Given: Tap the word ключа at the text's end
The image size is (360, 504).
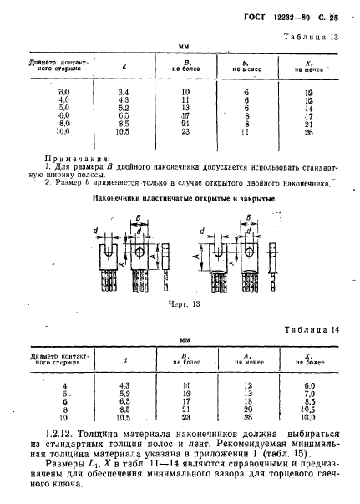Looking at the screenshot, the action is coord(80,493).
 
